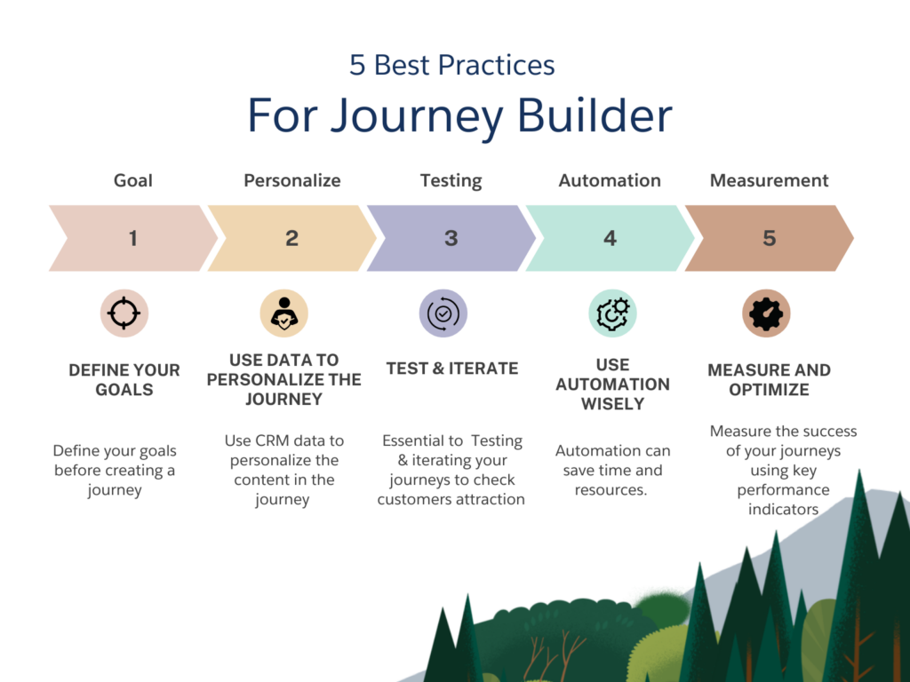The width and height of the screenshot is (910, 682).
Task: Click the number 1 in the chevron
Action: click(x=132, y=238)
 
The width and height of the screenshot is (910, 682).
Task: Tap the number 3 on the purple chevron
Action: click(x=451, y=238)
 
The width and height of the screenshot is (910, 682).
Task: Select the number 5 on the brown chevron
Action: click(x=770, y=238)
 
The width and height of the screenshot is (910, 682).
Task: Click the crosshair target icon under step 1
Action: click(x=124, y=313)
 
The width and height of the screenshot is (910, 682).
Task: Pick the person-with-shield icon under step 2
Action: click(x=283, y=313)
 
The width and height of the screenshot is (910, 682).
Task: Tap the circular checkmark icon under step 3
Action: click(x=443, y=313)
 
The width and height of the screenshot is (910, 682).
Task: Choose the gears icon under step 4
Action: click(x=612, y=313)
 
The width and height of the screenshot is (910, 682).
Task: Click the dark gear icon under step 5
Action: click(x=766, y=313)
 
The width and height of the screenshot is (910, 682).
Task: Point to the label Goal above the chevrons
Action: click(x=132, y=180)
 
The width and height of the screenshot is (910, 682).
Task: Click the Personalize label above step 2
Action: click(x=291, y=180)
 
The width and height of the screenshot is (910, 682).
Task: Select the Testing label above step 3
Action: click(x=451, y=180)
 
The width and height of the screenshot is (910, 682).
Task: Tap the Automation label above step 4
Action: click(x=610, y=180)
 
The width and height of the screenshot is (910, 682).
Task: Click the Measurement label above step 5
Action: click(x=769, y=180)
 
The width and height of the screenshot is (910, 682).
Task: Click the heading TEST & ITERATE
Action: click(x=451, y=369)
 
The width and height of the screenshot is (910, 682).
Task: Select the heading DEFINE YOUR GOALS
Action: click(x=124, y=379)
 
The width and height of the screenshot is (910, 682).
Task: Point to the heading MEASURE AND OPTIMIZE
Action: click(x=769, y=379)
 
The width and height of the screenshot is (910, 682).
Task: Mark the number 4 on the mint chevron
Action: click(x=610, y=238)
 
